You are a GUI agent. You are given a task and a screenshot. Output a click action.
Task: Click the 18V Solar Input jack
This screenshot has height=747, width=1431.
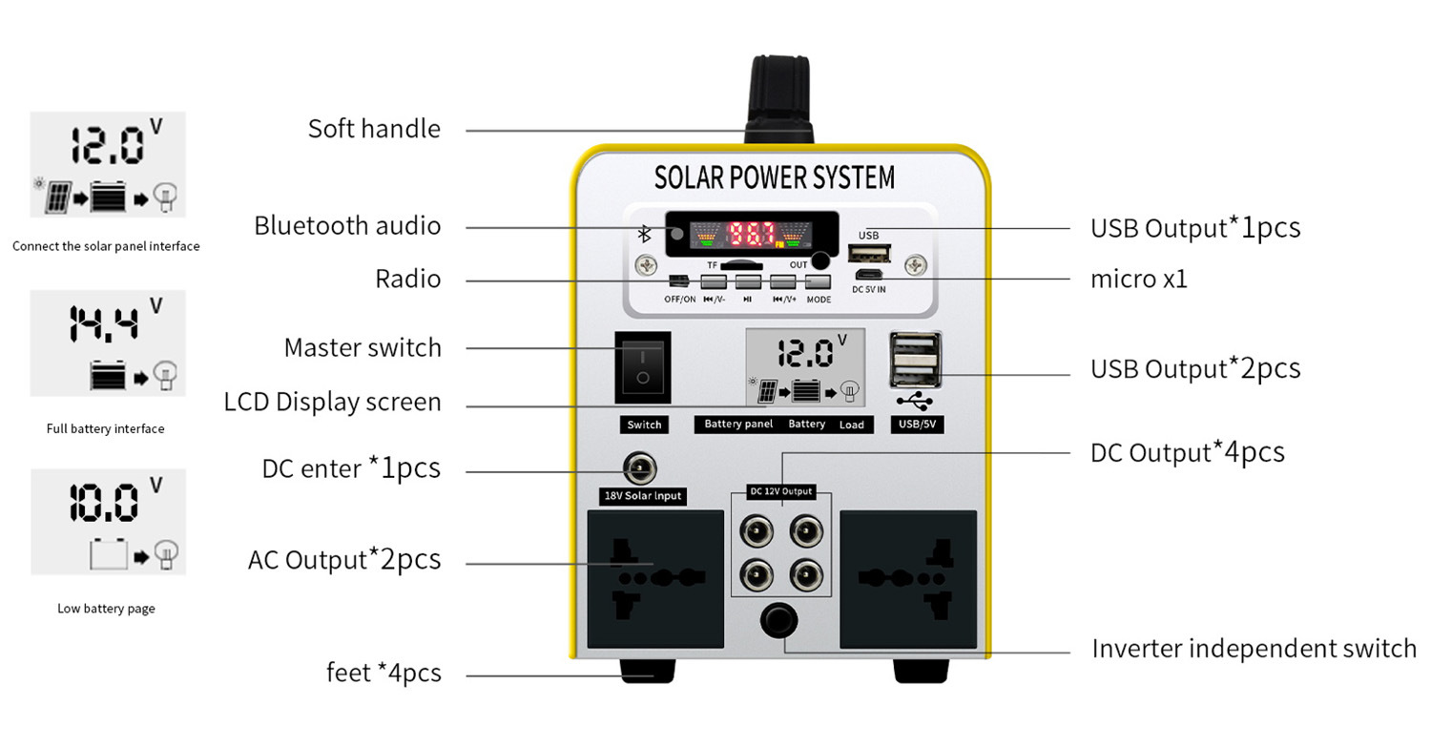point(641,469)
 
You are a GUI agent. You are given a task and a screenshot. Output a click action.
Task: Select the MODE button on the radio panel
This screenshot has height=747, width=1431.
point(818,282)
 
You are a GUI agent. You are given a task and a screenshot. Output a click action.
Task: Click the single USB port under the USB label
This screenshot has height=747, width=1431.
point(868,254)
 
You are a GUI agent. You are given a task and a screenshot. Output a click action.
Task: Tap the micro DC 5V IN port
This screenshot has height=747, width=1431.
point(868,277)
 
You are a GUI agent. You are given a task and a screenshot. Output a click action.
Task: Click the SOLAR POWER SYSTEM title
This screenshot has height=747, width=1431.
point(775,177)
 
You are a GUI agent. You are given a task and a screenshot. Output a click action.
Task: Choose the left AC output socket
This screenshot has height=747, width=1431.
point(654,578)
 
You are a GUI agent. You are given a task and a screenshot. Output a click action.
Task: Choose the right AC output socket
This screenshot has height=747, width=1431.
point(908,578)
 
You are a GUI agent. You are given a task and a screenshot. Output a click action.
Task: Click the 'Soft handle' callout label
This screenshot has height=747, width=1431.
point(374,129)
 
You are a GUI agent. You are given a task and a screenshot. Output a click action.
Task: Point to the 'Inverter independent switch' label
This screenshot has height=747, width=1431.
point(1254,649)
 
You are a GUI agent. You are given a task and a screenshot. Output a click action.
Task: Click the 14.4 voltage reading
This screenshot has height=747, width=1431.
point(104,323)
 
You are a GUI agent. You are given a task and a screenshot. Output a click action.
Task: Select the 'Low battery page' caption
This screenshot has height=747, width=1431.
point(106,609)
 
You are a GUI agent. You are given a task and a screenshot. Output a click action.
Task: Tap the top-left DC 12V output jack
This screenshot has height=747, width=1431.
point(757,528)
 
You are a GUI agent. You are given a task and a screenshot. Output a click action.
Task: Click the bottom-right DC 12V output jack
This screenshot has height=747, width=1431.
point(806,573)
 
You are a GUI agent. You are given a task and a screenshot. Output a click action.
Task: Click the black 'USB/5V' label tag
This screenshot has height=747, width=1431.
point(916,424)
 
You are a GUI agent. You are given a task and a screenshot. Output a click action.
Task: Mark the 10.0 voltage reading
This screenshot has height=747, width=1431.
point(104,503)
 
